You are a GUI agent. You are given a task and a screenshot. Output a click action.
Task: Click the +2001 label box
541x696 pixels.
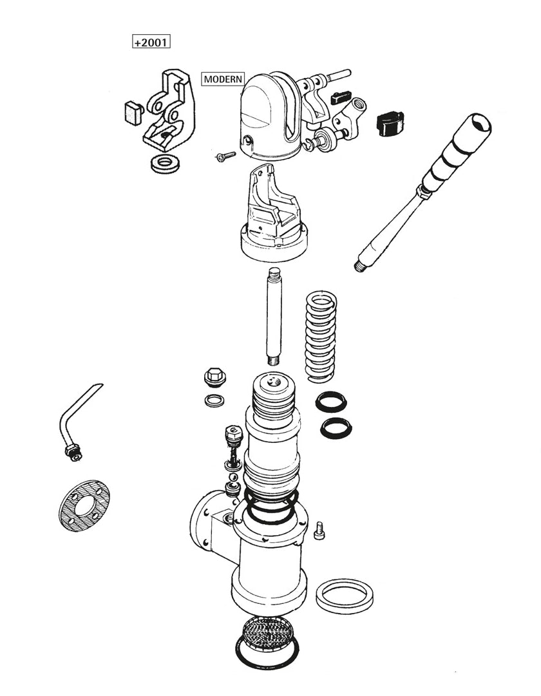(151, 42)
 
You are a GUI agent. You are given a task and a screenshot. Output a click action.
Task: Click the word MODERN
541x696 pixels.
(223, 79)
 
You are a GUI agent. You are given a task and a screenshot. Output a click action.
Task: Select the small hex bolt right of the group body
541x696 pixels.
(319, 531)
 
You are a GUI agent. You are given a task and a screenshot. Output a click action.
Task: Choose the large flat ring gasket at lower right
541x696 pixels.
(346, 596)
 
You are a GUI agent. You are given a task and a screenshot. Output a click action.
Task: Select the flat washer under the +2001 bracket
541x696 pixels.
(166, 163)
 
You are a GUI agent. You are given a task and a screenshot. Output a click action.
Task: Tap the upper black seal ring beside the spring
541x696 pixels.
(332, 403)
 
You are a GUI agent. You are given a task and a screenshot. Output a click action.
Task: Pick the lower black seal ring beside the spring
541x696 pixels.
(336, 426)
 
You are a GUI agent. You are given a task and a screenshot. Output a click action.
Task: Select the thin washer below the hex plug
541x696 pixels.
(214, 400)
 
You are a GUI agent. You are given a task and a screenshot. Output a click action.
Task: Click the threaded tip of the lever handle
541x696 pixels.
(360, 265)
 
